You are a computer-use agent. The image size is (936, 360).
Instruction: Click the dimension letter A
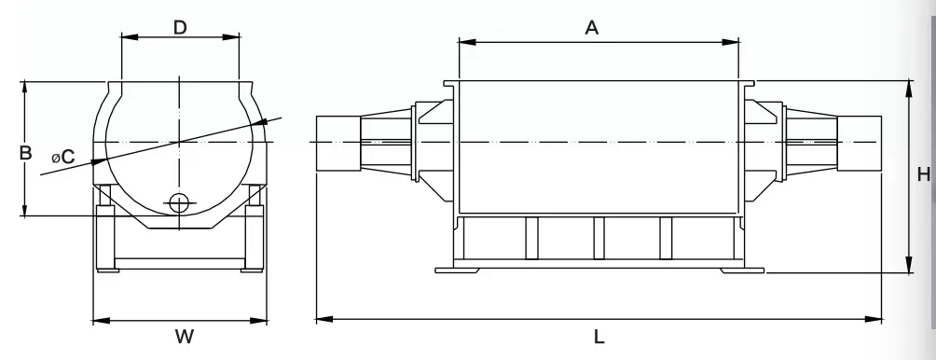591,27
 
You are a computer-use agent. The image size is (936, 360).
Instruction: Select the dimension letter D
180,27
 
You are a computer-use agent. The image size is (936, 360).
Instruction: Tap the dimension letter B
25,153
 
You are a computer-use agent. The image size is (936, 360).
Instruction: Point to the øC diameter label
63,157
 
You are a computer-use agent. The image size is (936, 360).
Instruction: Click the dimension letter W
185,337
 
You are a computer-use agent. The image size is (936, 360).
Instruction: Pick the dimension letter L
599,338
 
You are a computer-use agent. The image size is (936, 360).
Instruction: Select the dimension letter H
924,174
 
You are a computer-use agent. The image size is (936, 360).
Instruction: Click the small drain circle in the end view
179,203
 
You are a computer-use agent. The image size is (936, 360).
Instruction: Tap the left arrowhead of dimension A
467,42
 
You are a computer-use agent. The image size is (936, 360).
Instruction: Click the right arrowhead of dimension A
731,42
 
